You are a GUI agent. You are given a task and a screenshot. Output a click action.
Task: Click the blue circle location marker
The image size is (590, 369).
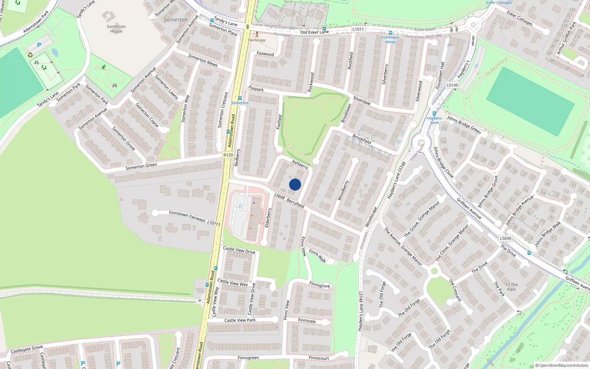[x=295, y=184]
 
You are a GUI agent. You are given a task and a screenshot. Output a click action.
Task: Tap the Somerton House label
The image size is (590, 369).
[x=116, y=29]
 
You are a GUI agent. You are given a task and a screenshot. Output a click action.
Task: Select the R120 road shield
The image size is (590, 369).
[x=228, y=155]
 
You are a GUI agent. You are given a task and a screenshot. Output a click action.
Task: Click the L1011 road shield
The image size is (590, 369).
[x=358, y=29]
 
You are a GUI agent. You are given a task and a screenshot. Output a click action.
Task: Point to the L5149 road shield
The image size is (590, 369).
[x=452, y=85]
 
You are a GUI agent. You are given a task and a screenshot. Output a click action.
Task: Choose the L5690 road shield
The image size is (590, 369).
[x=506, y=238]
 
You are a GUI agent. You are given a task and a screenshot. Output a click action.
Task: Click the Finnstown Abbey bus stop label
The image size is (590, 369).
[x=391, y=39]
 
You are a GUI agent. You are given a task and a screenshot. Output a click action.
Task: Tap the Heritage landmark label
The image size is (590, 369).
[x=257, y=40]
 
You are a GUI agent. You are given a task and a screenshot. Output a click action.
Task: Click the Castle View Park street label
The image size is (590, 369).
[x=240, y=320]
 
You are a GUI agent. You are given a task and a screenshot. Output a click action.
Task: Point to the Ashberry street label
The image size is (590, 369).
[x=300, y=164]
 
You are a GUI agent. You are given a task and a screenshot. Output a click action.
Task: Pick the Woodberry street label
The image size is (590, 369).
[x=343, y=190]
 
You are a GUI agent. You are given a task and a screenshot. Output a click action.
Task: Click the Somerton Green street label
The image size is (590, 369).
[x=141, y=166]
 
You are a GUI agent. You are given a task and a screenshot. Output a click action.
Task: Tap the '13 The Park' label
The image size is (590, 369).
[x=511, y=287]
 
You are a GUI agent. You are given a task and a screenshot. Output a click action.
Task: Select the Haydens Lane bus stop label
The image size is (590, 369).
[x=434, y=120]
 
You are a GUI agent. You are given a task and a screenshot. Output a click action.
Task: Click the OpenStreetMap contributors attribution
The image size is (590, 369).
[x=562, y=366]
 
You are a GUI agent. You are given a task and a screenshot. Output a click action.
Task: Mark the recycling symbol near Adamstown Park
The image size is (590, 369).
[x=30, y=55]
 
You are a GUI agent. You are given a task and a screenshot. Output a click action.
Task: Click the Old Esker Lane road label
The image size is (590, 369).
[x=314, y=32]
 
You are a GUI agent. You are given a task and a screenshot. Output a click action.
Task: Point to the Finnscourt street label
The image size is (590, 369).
[x=319, y=358]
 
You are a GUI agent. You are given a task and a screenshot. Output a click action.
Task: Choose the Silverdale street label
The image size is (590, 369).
[x=362, y=100]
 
